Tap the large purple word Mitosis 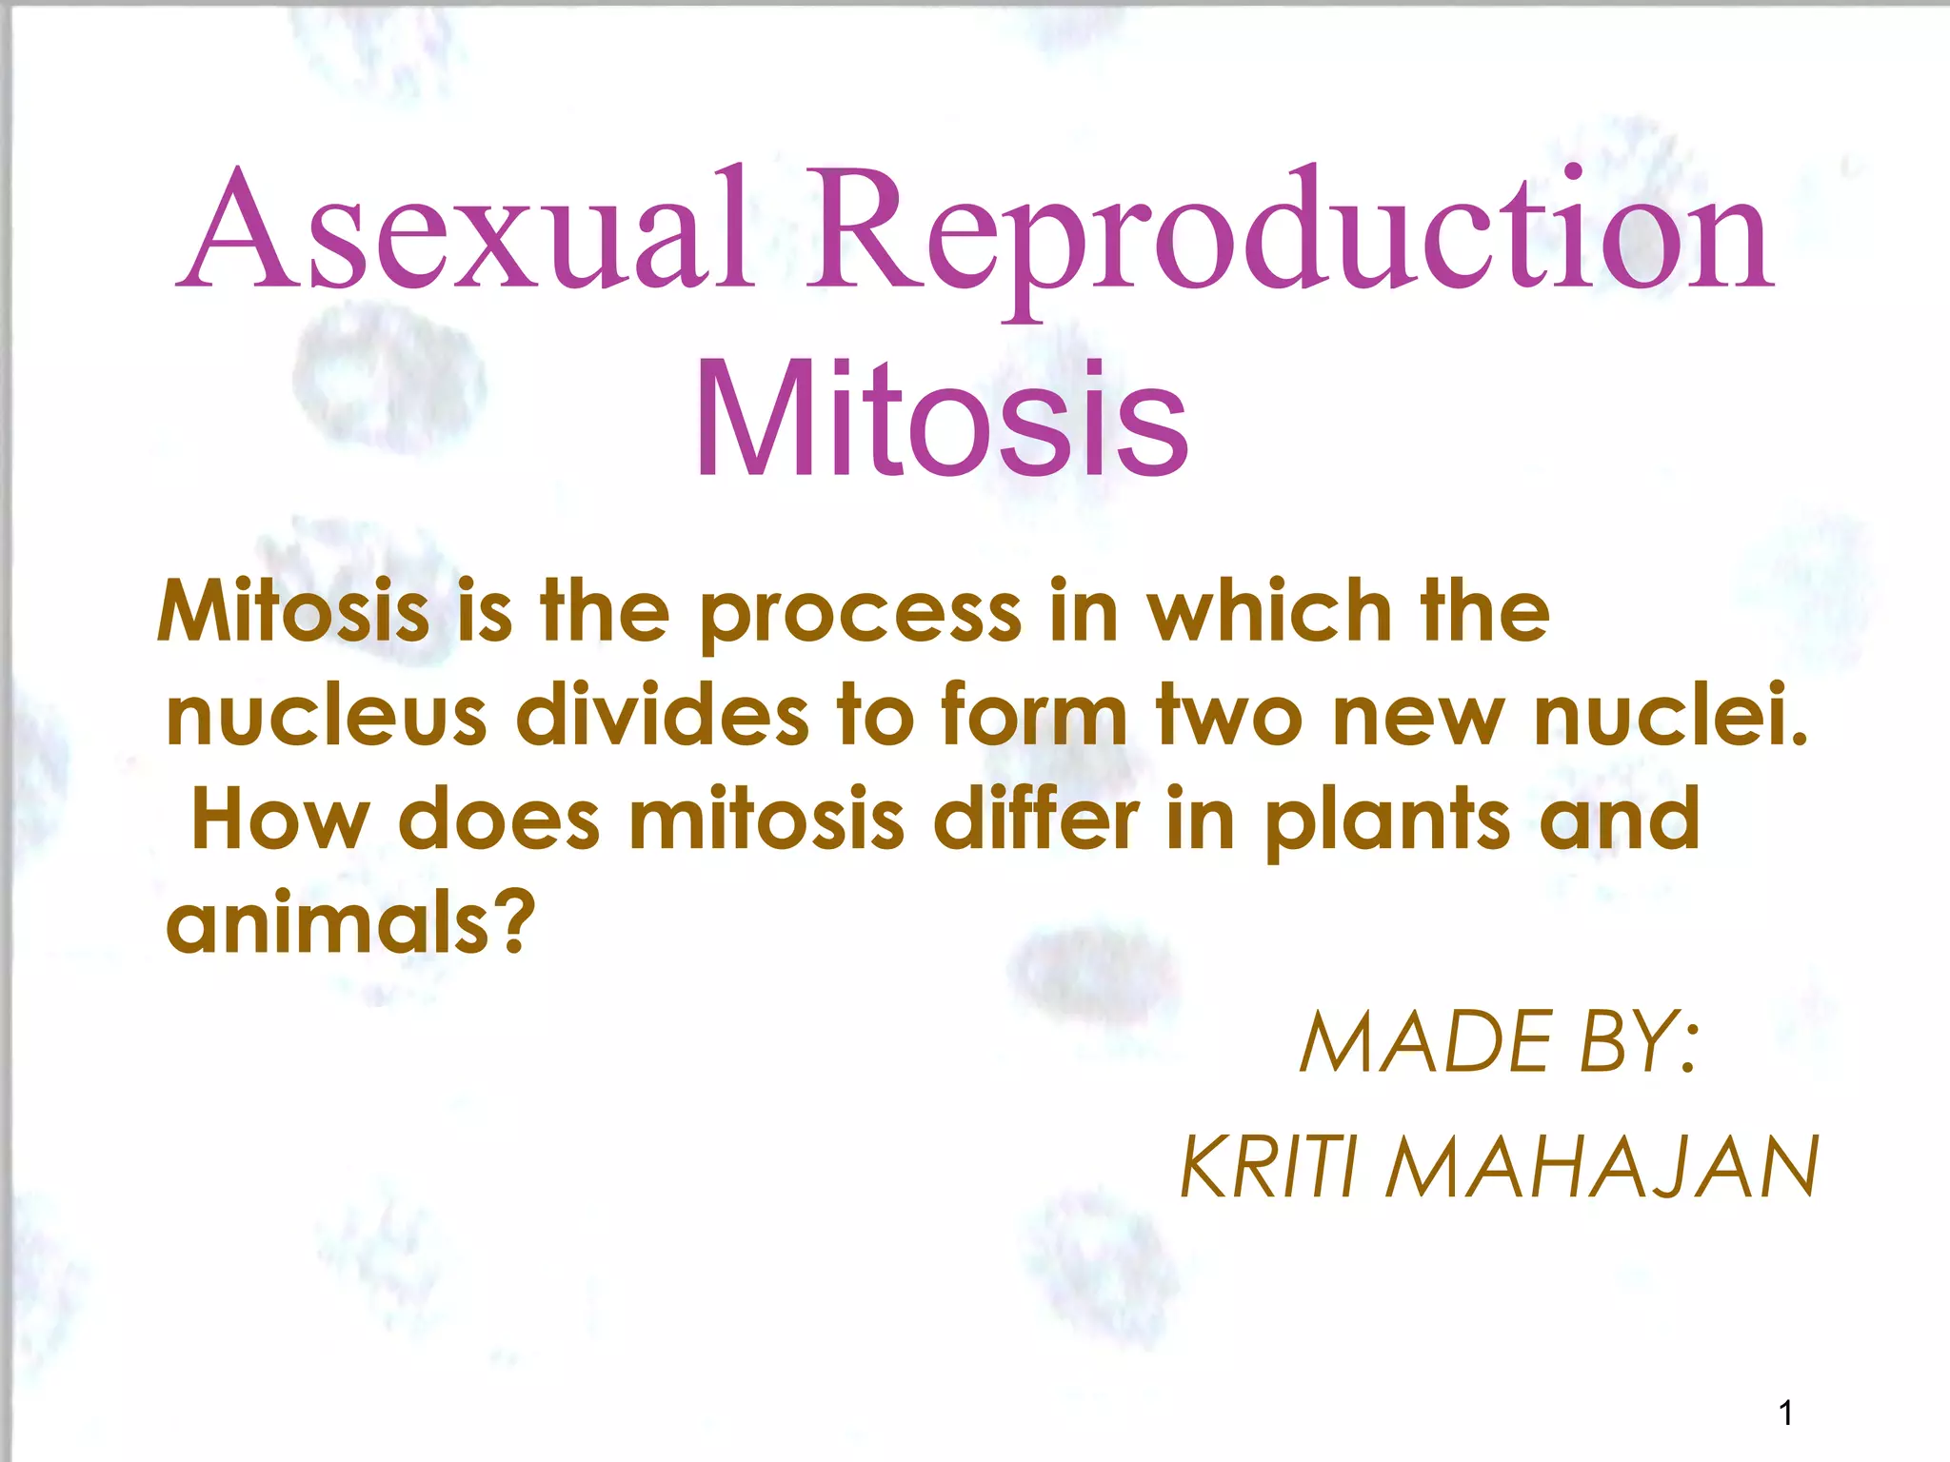pos(941,419)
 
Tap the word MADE pos(1424,1043)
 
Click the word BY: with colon pos(1638,1043)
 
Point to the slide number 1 pos(1785,1413)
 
